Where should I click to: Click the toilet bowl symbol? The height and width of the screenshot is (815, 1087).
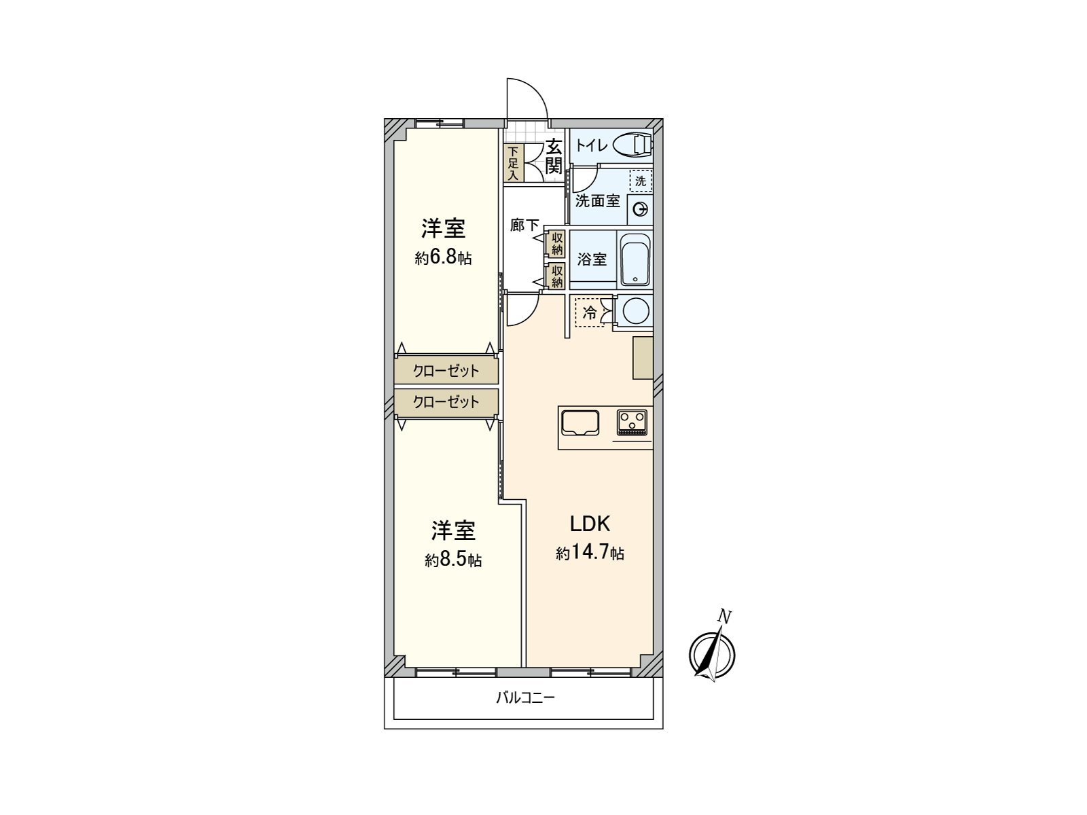(632, 145)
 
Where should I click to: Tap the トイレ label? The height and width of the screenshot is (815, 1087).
(591, 145)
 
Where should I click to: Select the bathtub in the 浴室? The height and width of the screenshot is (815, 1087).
(635, 260)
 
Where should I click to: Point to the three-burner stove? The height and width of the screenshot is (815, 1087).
(632, 422)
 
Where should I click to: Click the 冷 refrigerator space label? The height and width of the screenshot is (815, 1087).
(589, 312)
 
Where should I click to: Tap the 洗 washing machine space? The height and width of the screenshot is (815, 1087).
(641, 181)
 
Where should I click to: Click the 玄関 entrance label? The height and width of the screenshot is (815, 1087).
(554, 156)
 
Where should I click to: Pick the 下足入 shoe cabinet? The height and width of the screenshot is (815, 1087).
(513, 163)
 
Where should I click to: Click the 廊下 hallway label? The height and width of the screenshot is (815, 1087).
(524, 225)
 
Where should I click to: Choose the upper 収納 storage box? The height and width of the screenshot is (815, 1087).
(558, 244)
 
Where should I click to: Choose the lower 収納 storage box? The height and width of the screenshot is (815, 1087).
(558, 276)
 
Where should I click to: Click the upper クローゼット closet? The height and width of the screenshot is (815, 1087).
(446, 371)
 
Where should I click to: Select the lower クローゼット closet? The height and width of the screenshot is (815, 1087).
(446, 402)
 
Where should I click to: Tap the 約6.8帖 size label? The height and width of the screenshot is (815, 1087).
(443, 258)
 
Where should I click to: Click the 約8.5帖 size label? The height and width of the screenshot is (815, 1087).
(453, 560)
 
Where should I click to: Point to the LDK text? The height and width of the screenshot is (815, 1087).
(590, 524)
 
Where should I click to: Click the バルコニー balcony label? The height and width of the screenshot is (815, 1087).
(526, 698)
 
